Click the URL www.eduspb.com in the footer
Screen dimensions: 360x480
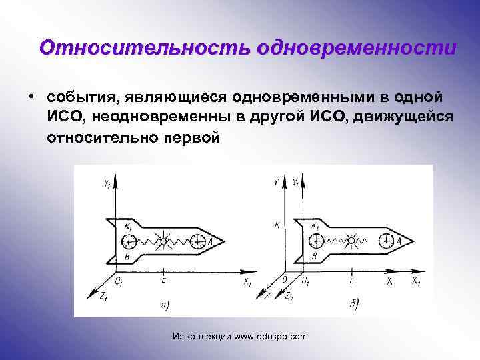[271, 337]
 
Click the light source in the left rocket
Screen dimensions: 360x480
[163, 240]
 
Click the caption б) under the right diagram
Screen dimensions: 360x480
[353, 305]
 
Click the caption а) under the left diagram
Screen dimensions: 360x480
[165, 305]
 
